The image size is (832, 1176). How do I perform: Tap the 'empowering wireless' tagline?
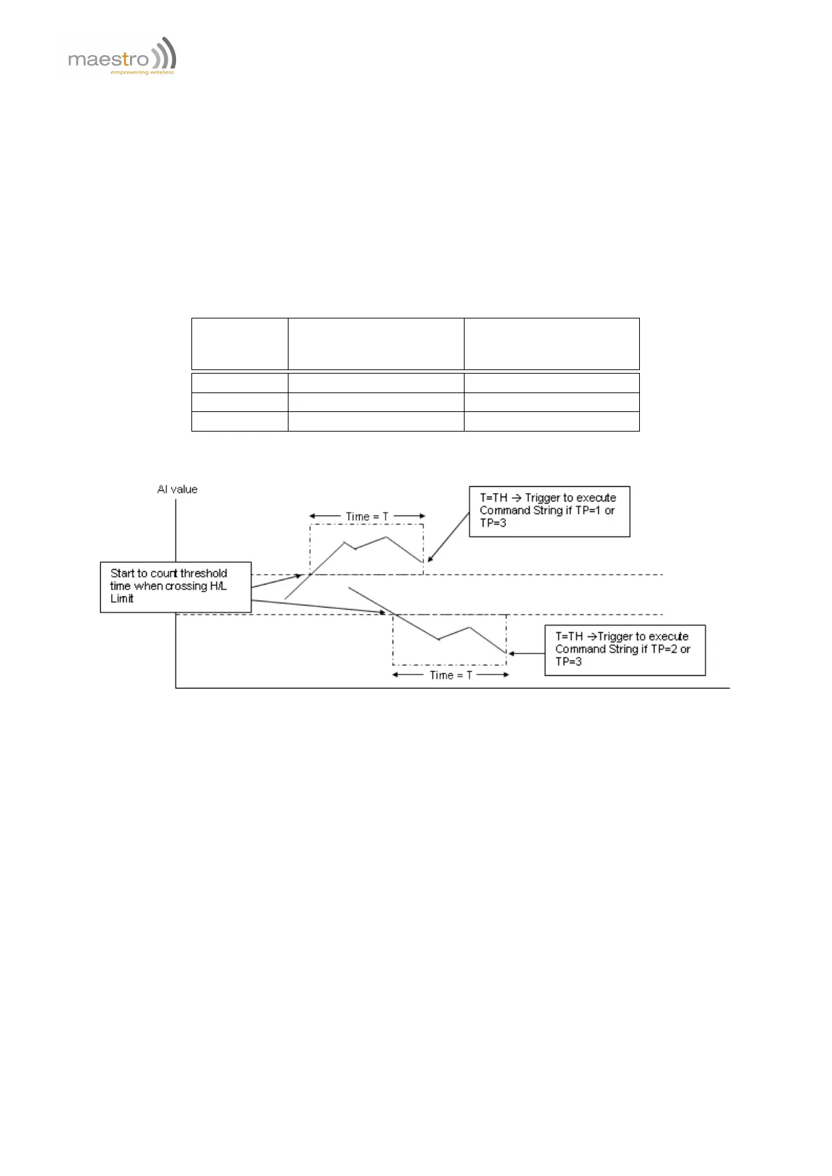[x=142, y=72]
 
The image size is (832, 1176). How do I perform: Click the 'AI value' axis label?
[x=177, y=490]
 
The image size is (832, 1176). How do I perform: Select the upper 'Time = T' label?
[x=367, y=517]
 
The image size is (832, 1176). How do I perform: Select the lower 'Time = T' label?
[x=451, y=675]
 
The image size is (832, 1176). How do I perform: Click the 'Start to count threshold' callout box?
[x=175, y=587]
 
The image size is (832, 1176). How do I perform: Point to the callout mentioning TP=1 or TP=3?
[x=549, y=511]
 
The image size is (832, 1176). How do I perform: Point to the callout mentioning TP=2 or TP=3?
[x=625, y=649]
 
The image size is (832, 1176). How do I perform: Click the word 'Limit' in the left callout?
[x=122, y=599]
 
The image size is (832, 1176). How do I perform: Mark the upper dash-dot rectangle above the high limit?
[x=366, y=549]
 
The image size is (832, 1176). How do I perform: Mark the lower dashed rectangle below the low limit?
[x=449, y=640]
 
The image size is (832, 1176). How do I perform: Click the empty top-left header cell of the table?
[x=240, y=344]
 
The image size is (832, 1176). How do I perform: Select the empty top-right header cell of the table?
[x=551, y=344]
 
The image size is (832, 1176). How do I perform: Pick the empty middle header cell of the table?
[x=376, y=344]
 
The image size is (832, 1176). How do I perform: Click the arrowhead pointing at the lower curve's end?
[x=512, y=654]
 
